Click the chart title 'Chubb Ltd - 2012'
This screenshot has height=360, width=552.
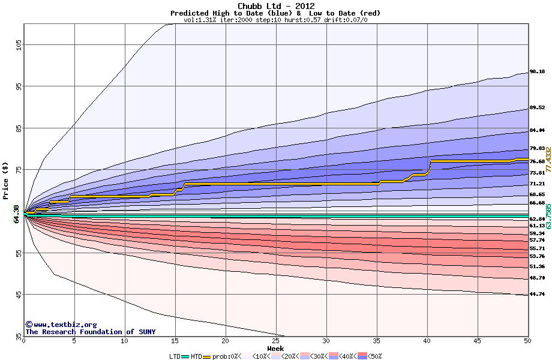point(275,6)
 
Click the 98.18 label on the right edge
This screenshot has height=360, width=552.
point(536,72)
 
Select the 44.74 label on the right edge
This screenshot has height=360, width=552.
point(536,295)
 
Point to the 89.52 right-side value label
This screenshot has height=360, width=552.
point(536,108)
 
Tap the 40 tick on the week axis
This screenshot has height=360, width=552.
point(427,341)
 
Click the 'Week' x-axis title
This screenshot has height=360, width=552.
point(275,348)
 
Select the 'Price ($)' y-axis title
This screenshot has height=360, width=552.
point(6,181)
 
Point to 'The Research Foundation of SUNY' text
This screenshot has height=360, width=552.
point(90,332)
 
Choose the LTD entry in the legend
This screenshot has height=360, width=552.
point(175,356)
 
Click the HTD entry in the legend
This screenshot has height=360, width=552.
point(196,356)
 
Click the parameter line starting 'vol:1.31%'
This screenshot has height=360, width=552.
point(275,20)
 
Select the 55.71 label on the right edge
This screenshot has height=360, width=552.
point(536,248)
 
